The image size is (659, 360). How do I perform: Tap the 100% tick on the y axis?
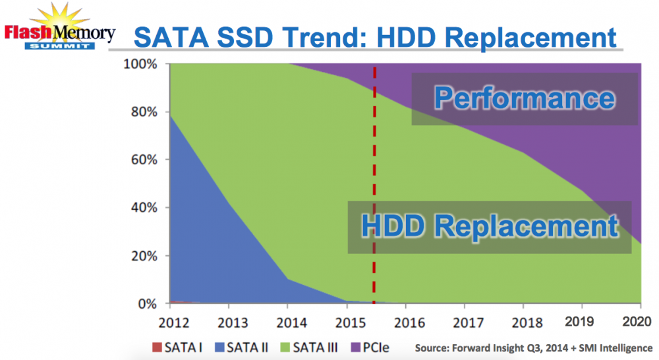point(142,65)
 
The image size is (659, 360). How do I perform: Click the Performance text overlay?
point(524,98)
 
